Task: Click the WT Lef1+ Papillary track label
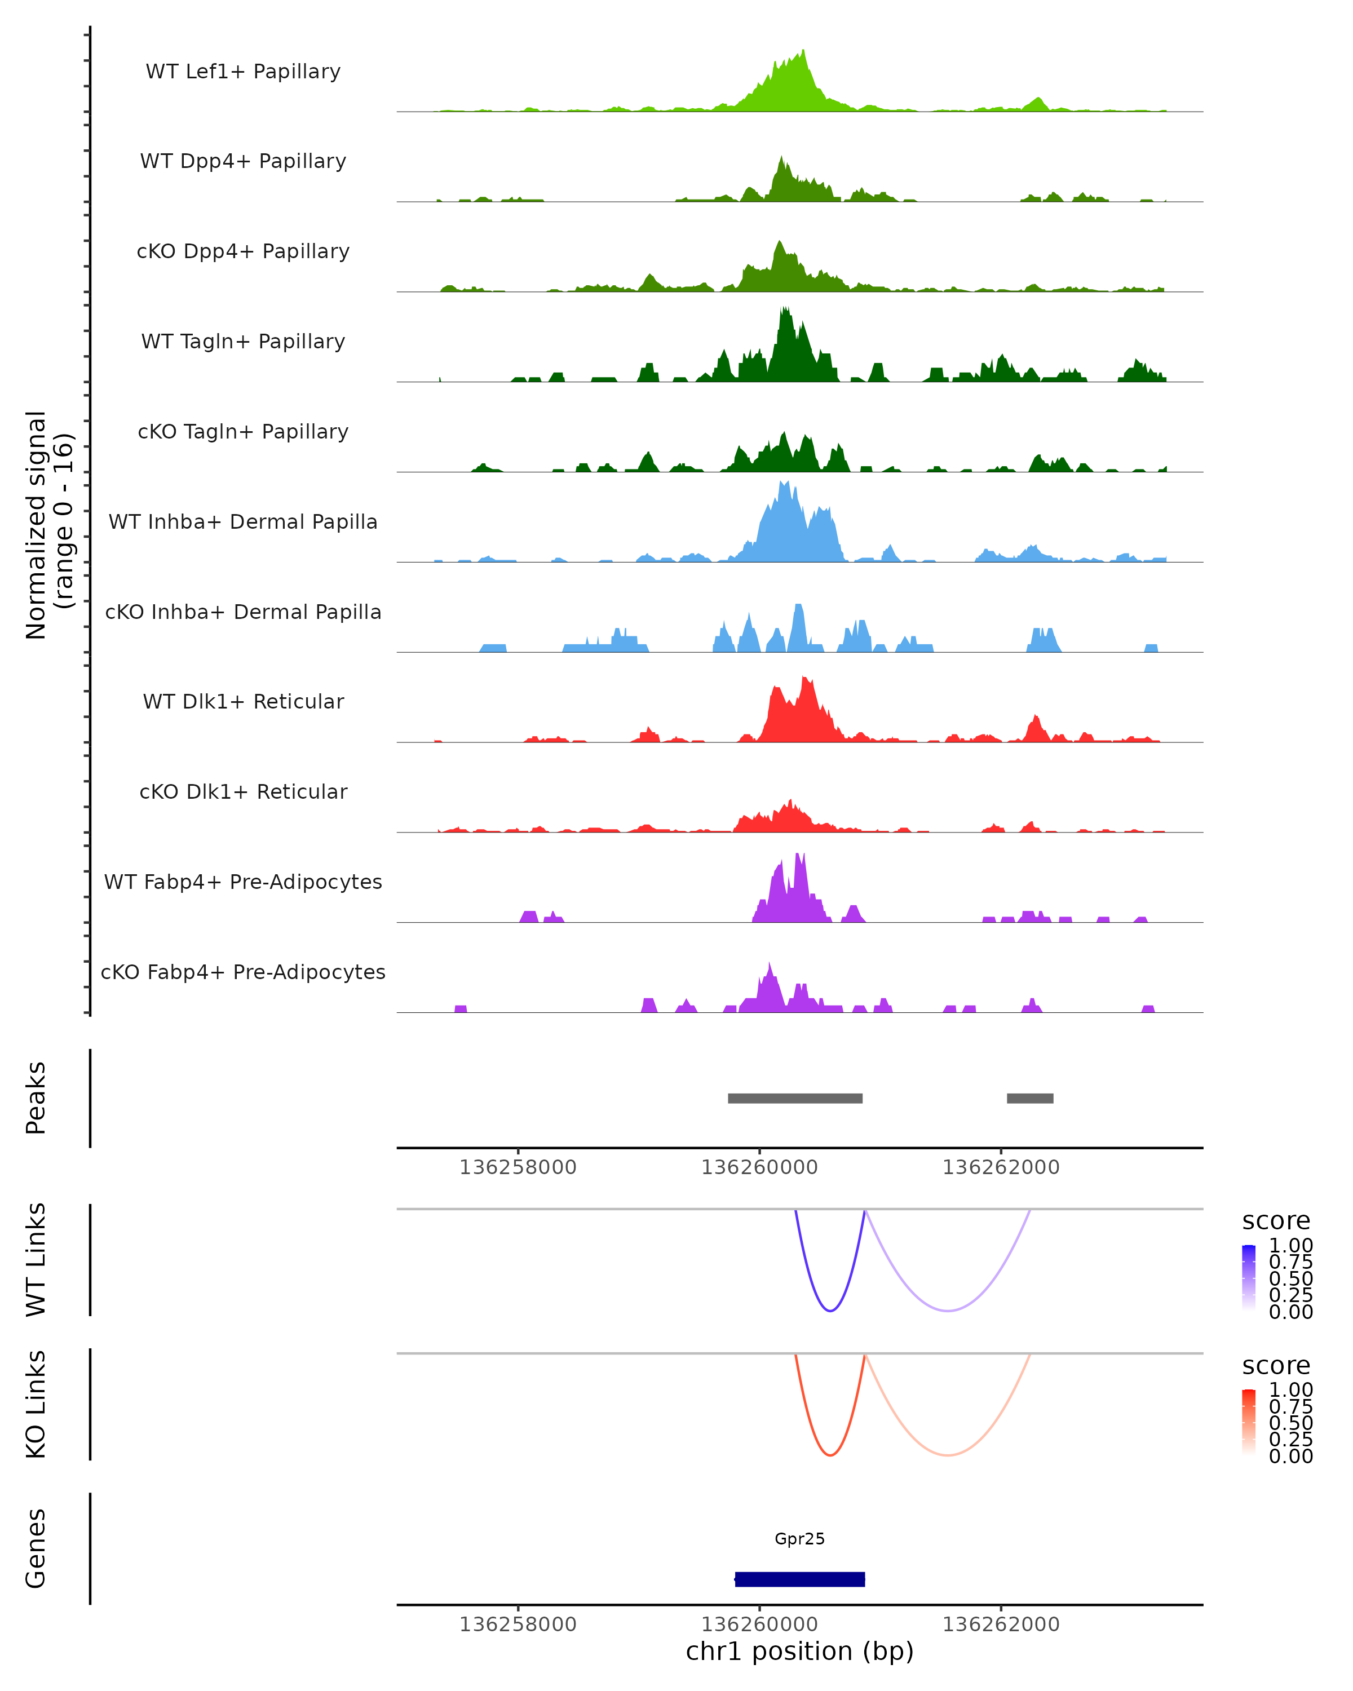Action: click(243, 72)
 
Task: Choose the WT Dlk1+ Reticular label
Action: click(243, 701)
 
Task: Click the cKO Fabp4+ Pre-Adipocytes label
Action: click(243, 972)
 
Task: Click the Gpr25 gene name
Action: click(799, 1539)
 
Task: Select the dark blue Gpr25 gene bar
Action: click(799, 1579)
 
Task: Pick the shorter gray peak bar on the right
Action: click(1030, 1098)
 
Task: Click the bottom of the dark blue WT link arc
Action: click(830, 1311)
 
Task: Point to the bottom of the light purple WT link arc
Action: click(948, 1311)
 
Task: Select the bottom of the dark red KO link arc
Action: click(830, 1455)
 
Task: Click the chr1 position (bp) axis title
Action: click(799, 1652)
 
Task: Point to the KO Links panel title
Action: click(36, 1404)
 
